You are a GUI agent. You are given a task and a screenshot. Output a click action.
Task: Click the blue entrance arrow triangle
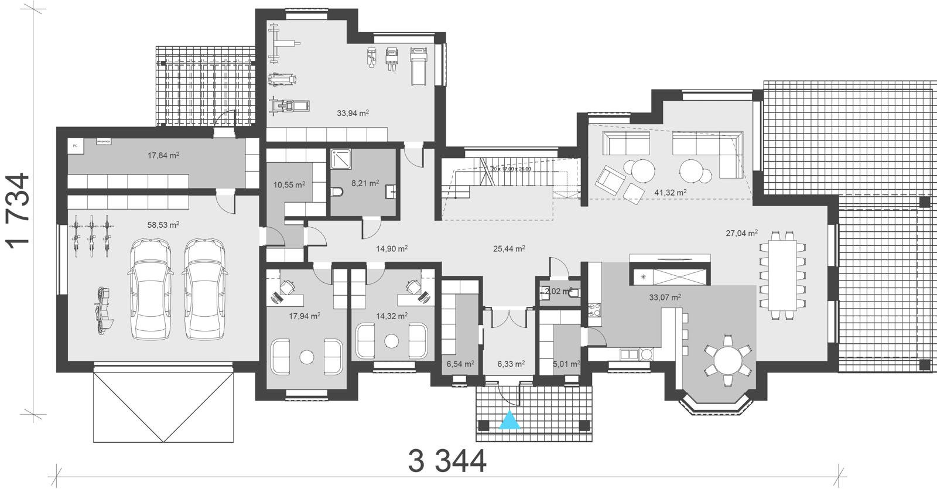click(x=510, y=420)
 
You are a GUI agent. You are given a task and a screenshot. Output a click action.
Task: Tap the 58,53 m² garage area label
click(x=163, y=224)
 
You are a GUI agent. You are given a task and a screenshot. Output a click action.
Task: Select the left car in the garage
click(x=149, y=289)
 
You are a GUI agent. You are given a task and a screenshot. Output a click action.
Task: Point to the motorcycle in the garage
click(x=104, y=310)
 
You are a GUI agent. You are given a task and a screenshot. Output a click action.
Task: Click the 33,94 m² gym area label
click(x=353, y=113)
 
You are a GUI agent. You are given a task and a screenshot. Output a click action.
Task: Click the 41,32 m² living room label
click(x=671, y=192)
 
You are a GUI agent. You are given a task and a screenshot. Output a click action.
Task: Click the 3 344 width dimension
click(x=447, y=461)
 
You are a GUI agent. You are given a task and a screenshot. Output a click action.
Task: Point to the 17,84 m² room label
click(x=163, y=155)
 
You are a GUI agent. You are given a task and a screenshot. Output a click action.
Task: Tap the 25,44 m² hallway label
click(x=509, y=248)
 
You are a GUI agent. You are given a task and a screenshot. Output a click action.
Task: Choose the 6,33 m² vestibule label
click(x=511, y=364)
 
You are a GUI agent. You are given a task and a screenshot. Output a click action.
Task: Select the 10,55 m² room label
click(x=289, y=185)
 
